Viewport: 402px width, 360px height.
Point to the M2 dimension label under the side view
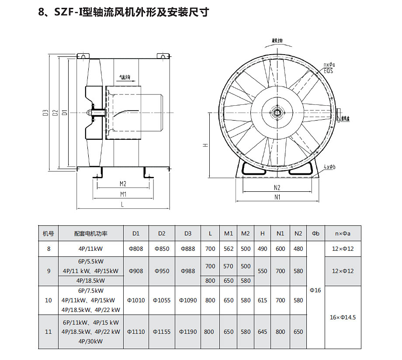tap(123, 183)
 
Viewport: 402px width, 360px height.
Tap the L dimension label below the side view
tap(123, 204)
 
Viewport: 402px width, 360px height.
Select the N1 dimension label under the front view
tap(277, 197)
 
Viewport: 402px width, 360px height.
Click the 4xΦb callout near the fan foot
tap(330, 167)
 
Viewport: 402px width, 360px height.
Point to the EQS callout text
tap(329, 70)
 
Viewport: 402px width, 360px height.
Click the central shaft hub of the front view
tap(277, 113)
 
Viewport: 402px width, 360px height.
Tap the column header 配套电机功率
tap(90, 233)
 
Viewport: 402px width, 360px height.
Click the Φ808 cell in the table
tap(136, 249)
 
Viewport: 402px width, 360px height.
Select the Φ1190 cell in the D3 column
tap(188, 332)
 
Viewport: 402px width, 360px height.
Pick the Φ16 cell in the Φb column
tap(315, 290)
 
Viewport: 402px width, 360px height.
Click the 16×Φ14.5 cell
tap(343, 317)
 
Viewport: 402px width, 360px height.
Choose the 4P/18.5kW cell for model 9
tap(90, 280)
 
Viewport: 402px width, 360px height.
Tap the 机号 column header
tap(49, 233)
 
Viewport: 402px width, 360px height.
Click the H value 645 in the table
tap(262, 332)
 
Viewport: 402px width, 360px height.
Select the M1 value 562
tap(229, 249)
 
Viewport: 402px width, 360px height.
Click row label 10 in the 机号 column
tap(49, 300)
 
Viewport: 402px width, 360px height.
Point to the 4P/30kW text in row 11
tap(90, 341)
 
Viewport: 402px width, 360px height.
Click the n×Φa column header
tap(343, 233)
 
